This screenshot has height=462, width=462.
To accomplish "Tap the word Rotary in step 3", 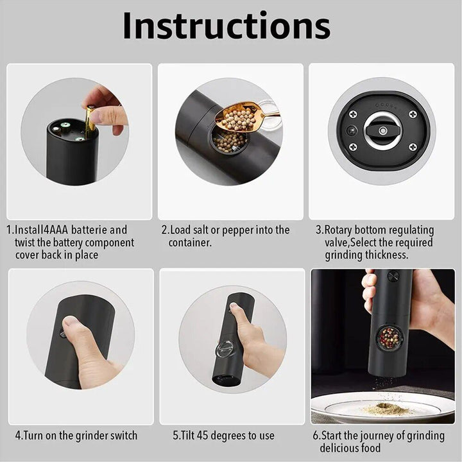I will [x=347, y=230].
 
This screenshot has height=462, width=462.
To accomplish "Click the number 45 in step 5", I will [x=216, y=435].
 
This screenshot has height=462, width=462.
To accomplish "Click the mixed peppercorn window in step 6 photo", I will [x=389, y=338].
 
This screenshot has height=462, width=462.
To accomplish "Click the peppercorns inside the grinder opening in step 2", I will [x=229, y=141].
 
